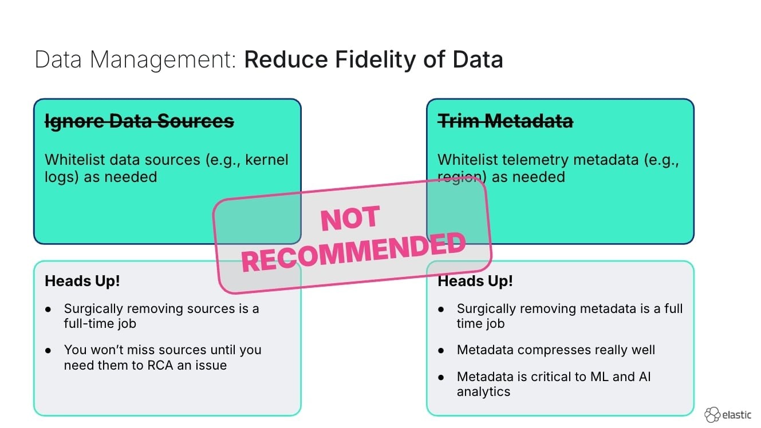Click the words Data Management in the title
pyautogui.click(x=135, y=60)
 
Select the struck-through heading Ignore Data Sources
pyautogui.click(x=139, y=121)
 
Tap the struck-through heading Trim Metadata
pyautogui.click(x=505, y=121)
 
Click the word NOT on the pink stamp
pyautogui.click(x=350, y=219)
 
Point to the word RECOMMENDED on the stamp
pyautogui.click(x=353, y=252)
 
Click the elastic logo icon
pyautogui.click(x=712, y=414)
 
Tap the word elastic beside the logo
pyautogui.click(x=737, y=414)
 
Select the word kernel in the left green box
pyautogui.click(x=267, y=160)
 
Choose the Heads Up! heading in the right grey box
pyautogui.click(x=475, y=281)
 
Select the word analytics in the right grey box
pyautogui.click(x=483, y=392)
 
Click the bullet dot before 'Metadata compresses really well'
pyautogui.click(x=441, y=350)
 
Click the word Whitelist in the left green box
pyautogui.click(x=73, y=160)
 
